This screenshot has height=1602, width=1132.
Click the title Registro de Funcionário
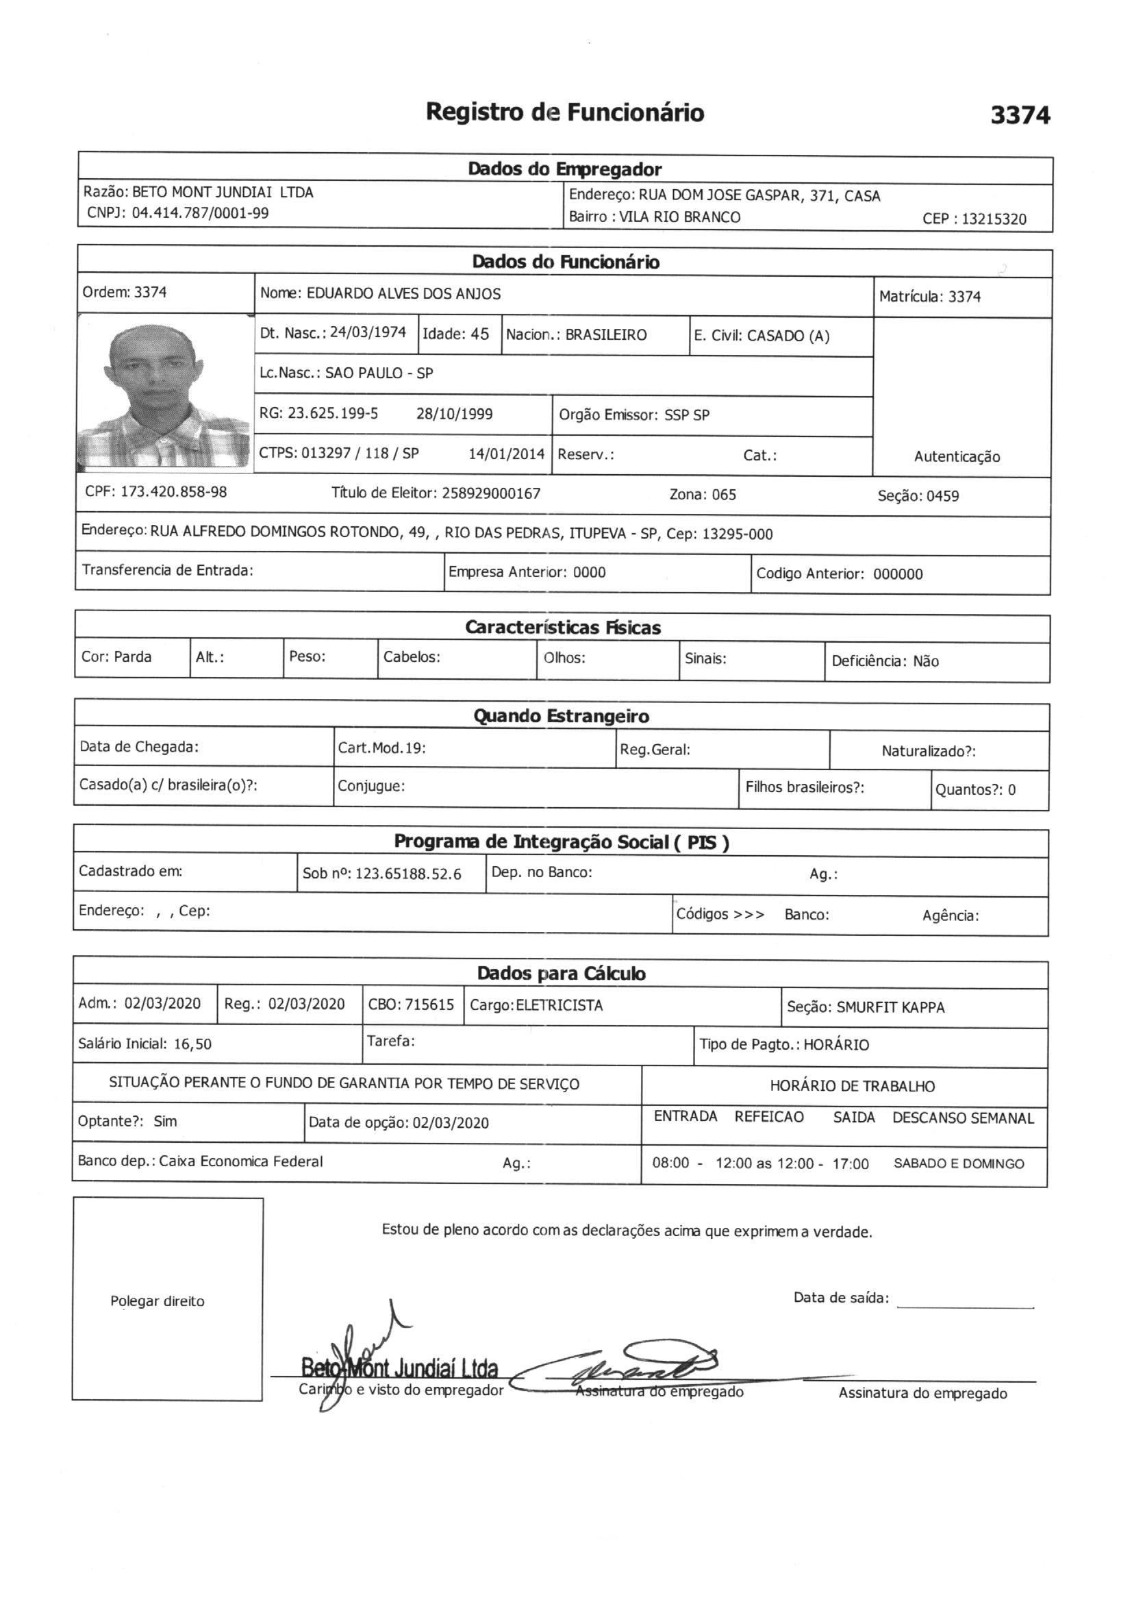coord(564,112)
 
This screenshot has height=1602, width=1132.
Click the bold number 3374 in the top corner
coord(1020,115)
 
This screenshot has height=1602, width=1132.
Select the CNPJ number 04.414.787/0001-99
coord(200,214)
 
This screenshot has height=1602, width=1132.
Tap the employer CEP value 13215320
coord(994,219)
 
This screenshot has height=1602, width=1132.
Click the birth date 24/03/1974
coord(368,332)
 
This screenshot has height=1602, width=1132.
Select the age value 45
coord(479,334)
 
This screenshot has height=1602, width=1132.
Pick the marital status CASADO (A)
coord(788,336)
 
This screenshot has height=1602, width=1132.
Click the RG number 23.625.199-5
coord(333,413)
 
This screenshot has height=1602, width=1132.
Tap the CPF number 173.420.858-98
coord(174,492)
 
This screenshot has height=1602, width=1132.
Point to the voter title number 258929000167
coord(491,494)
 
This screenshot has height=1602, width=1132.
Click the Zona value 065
coord(723,495)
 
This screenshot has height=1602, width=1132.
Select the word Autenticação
coord(956,457)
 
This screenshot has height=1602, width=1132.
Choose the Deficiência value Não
coord(926,661)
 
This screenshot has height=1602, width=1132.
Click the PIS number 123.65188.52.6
coord(408,874)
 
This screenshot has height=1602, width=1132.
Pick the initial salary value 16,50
coord(192,1044)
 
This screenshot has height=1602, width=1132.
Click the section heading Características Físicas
coord(562,628)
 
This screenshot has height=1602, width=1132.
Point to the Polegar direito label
coord(157,1301)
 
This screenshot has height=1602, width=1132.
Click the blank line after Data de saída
coord(965,1301)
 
